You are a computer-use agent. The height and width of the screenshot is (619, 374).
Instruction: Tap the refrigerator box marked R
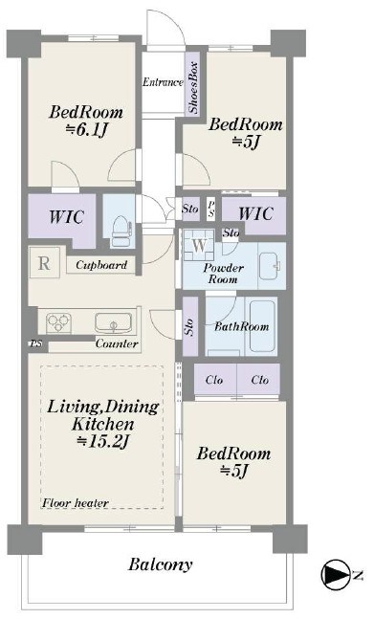[45, 262]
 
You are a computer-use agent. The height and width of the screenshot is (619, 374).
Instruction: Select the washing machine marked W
[199, 245]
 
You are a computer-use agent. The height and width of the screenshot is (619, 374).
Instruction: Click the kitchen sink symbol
[113, 322]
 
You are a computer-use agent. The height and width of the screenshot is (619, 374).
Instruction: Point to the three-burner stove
[58, 322]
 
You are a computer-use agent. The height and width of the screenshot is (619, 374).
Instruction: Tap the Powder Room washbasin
[271, 265]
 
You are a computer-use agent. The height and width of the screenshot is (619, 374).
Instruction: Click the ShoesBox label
[193, 88]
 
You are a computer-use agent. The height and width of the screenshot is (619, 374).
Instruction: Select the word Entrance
[163, 82]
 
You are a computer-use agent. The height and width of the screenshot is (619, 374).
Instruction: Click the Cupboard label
[101, 265]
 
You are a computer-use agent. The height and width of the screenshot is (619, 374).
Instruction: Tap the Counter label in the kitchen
[117, 343]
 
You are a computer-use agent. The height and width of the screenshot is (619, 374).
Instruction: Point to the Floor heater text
[76, 503]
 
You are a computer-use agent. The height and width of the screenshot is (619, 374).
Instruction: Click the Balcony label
[161, 564]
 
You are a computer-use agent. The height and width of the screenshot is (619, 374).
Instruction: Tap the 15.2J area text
[103, 441]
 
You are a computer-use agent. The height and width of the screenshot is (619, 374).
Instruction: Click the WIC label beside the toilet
[66, 217]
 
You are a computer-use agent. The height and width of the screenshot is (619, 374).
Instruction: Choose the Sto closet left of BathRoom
[190, 326]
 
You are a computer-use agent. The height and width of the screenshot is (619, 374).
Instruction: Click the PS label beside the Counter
[36, 343]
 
